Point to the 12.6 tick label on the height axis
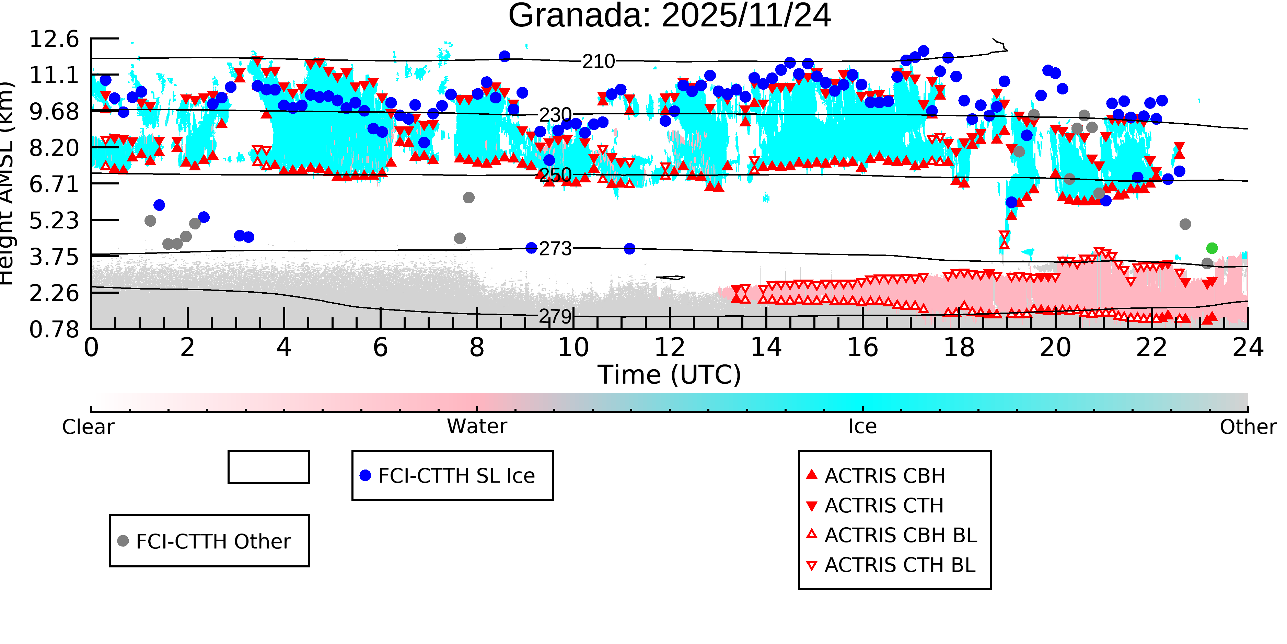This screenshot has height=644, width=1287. pos(54,39)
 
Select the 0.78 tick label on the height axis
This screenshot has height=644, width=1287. pos(54,329)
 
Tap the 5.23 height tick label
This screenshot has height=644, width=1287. pos(54,221)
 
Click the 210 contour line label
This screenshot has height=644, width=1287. pos(599,61)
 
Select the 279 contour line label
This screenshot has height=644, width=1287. pos(555,316)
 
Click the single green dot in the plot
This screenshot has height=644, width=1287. pos(1211,248)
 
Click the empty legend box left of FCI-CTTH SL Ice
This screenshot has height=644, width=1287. pos(268,467)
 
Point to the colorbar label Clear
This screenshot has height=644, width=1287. pos(88,427)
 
